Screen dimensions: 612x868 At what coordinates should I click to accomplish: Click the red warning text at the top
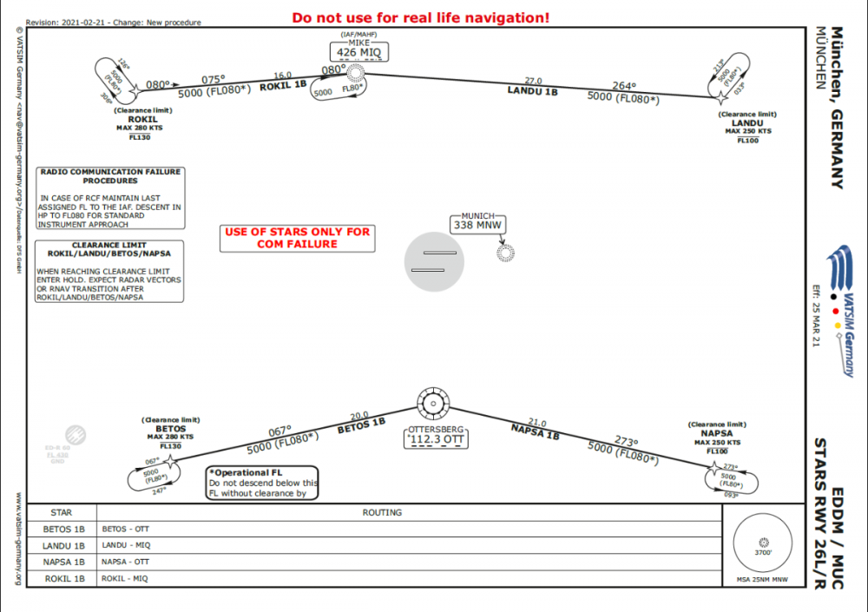pyautogui.click(x=420, y=17)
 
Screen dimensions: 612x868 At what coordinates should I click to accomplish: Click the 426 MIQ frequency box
pyautogui.click(x=359, y=53)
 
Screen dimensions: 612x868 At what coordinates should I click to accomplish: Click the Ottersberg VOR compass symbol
pyautogui.click(x=431, y=404)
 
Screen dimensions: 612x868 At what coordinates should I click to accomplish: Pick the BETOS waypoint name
pyautogui.click(x=170, y=428)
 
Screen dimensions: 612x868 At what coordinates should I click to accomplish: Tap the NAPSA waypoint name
pyautogui.click(x=717, y=433)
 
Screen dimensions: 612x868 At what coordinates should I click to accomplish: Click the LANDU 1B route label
pyautogui.click(x=532, y=89)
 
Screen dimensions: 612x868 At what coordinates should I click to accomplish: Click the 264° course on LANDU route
pyautogui.click(x=623, y=87)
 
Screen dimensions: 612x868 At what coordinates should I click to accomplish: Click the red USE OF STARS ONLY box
pyautogui.click(x=298, y=238)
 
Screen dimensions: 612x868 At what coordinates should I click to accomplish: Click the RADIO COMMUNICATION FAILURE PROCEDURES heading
pyautogui.click(x=110, y=176)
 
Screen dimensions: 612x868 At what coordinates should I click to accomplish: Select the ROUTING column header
pyautogui.click(x=382, y=513)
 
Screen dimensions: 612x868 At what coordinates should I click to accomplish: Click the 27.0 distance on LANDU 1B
pyautogui.click(x=533, y=81)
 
